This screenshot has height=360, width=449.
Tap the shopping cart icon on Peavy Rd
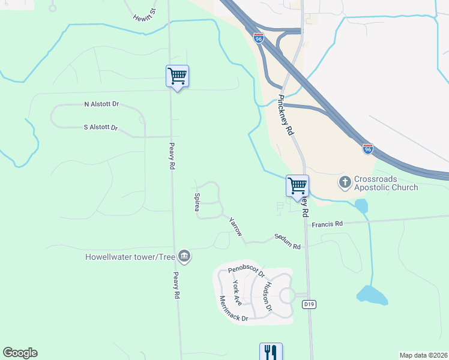[x=177, y=76]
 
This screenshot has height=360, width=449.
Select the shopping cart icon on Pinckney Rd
[x=297, y=186]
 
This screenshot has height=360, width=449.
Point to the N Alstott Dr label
[x=101, y=104]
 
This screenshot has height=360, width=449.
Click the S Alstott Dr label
[x=101, y=127]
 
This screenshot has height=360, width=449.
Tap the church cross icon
[x=345, y=181]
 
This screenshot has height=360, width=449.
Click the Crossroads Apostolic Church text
[x=385, y=184]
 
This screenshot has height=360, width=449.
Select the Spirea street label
[x=196, y=202]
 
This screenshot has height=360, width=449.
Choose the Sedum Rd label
[x=287, y=241]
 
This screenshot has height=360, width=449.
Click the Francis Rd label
[x=327, y=224]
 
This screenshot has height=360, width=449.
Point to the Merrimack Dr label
[x=234, y=308]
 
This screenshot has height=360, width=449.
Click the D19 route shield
[x=309, y=305]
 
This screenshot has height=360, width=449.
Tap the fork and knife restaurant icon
[x=271, y=352]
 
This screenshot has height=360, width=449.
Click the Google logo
[x=20, y=353]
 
